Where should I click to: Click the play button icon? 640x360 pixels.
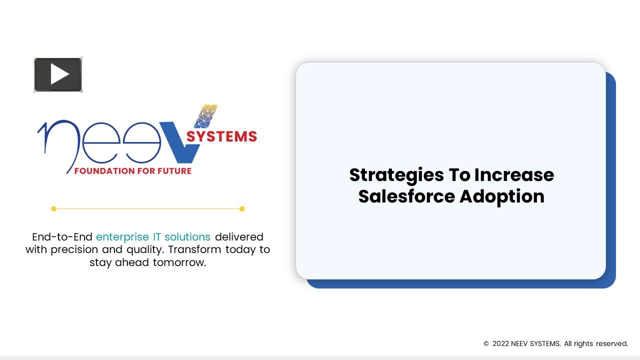pos(58,75)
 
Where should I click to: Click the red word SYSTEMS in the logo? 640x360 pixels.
pos(221,136)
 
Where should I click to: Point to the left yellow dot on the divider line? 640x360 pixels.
pos(53,208)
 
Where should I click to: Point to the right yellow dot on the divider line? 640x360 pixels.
pos(242,208)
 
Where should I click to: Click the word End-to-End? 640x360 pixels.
pos(62,237)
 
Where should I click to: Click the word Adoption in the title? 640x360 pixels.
pos(501,196)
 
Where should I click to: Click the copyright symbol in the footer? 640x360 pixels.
pos(486,344)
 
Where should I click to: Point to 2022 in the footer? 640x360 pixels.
pos(500,343)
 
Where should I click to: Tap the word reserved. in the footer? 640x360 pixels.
pos(611,343)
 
